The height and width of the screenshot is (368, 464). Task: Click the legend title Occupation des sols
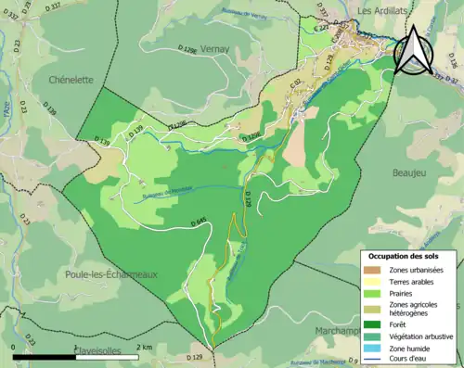(409, 255)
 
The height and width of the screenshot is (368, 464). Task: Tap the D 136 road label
(452, 59)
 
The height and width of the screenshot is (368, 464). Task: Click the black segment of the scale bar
(44, 355)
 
